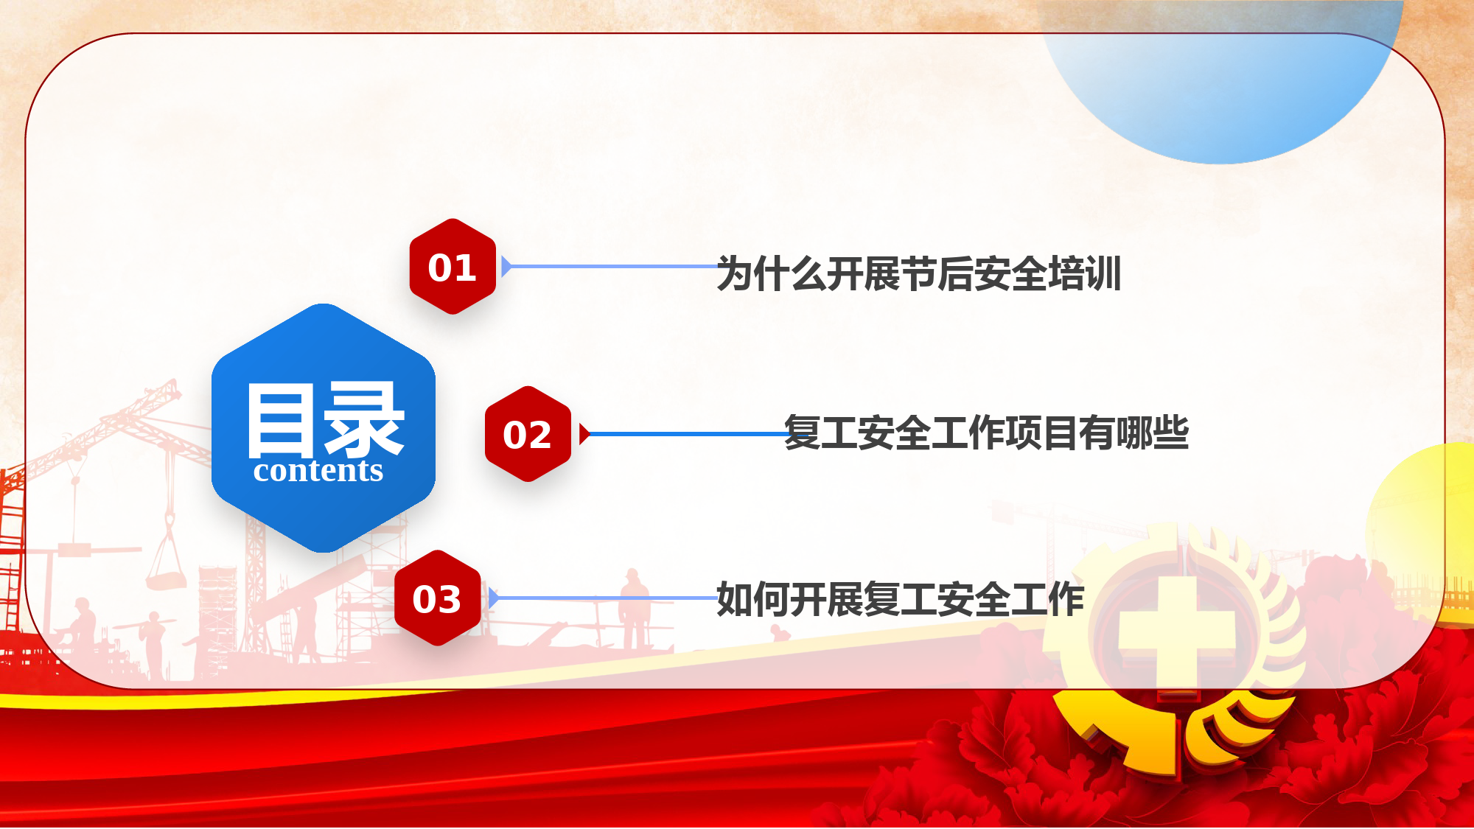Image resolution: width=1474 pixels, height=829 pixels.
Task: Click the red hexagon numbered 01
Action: click(453, 266)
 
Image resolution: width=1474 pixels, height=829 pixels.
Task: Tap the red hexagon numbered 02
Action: click(528, 434)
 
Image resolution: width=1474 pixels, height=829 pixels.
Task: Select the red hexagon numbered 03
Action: click(438, 598)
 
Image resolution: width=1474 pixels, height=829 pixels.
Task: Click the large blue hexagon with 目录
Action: click(324, 428)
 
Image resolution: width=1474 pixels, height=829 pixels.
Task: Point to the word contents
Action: click(318, 471)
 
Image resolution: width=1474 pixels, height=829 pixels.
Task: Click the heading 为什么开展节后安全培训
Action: click(919, 273)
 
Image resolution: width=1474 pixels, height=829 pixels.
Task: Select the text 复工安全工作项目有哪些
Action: click(986, 433)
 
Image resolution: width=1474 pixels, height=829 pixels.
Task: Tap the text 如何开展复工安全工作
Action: click(900, 598)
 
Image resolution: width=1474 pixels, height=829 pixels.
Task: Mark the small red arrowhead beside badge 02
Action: click(584, 434)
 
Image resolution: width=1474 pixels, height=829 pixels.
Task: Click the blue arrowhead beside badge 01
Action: click(506, 266)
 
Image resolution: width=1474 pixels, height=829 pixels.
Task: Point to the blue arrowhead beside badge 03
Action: click(494, 598)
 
